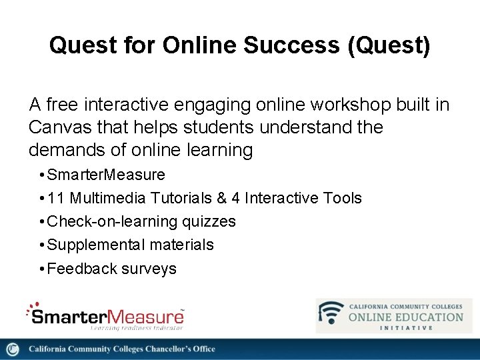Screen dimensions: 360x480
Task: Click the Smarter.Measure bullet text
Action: coord(106,175)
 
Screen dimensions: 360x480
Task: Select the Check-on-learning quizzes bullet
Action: coord(141,221)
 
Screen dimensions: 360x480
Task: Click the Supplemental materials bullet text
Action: coord(131,245)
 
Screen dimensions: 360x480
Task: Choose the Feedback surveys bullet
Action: coord(112,269)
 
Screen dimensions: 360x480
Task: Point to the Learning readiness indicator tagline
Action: coord(137,327)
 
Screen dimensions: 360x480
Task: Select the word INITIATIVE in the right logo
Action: coord(407,327)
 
